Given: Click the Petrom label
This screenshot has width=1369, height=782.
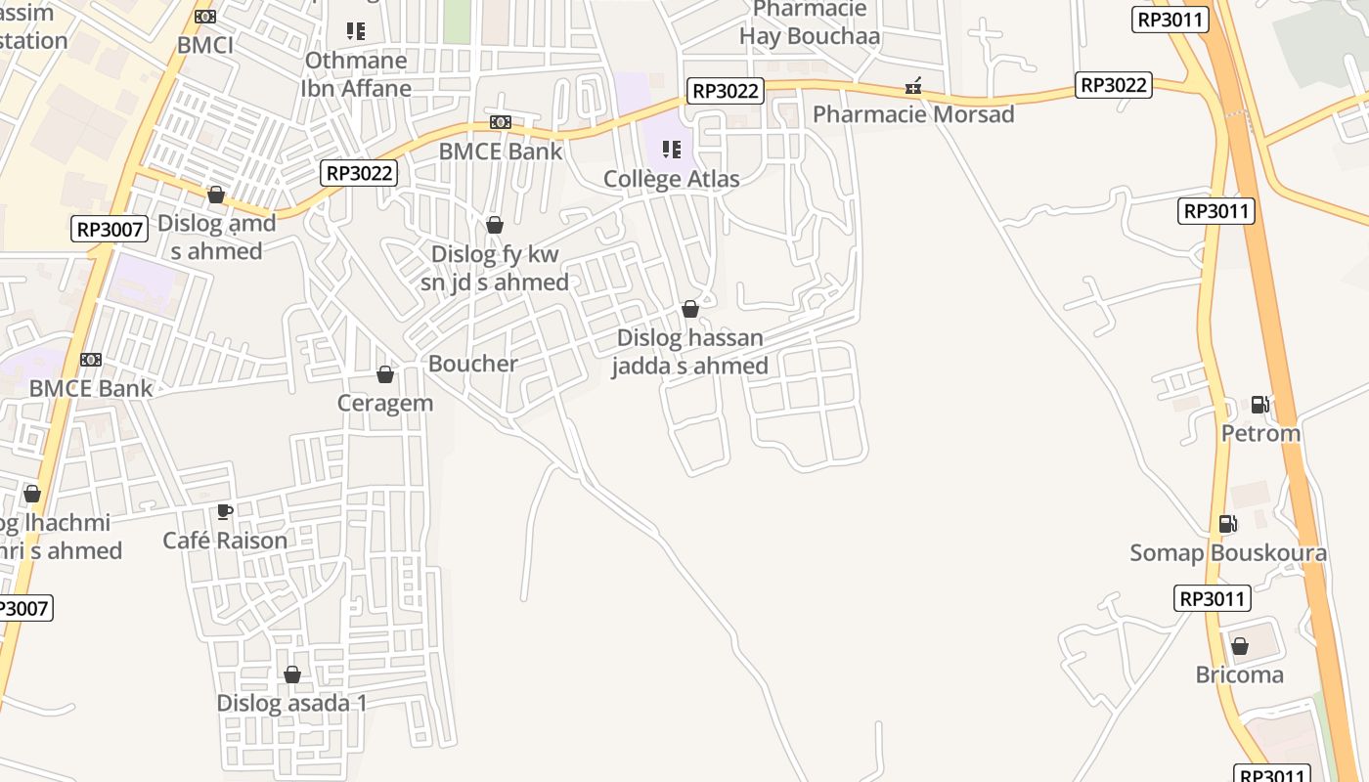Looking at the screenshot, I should point(1260,433).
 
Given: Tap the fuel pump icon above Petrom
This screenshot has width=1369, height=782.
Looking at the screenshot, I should point(1260,405).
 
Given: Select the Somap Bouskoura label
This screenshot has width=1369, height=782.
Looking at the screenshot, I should point(1228,552).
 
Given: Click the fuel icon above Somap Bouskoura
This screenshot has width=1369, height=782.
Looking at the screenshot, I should point(1228,524).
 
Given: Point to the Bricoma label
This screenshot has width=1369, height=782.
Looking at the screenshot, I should point(1239,674).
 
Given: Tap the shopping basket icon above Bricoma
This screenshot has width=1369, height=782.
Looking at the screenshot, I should point(1239,646).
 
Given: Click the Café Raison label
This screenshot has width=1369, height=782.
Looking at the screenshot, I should point(225,540).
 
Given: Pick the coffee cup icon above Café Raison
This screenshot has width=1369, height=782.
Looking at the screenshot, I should point(225,511).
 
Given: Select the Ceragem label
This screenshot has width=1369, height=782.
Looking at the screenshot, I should point(385,403).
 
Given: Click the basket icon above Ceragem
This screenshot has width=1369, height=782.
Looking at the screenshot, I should point(385,374).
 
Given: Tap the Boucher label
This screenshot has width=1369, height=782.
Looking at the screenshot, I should point(473,364).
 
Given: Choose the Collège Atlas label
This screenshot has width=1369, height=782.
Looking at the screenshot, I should point(671,179).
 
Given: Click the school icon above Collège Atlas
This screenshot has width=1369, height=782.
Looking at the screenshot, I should point(671,150).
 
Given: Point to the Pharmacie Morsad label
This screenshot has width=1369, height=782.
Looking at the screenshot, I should point(913,114).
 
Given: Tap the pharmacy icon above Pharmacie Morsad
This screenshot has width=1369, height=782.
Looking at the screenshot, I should point(913,87).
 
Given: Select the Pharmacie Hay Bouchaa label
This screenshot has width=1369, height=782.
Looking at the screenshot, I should point(810,23).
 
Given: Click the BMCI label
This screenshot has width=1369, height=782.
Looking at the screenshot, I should point(205,45).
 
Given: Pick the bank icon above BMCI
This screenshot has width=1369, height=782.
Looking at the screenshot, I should point(205,17).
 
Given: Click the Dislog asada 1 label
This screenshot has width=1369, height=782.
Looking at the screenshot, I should point(291,703).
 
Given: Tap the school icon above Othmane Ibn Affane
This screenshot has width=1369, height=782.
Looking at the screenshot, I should point(356,31).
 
